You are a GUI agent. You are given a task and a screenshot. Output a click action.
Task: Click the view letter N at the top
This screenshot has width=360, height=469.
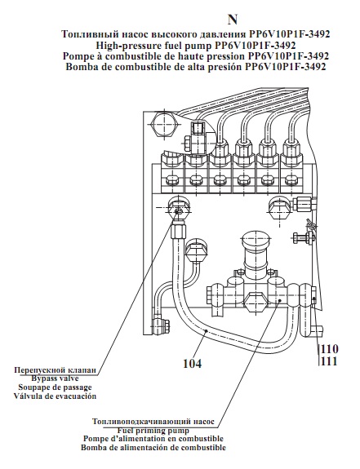(233, 20)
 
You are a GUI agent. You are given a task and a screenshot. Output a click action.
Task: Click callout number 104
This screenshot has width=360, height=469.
(193, 364)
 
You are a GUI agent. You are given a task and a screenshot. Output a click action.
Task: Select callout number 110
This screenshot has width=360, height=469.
(330, 349)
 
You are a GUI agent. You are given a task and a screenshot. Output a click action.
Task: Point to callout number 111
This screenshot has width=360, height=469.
(329, 361)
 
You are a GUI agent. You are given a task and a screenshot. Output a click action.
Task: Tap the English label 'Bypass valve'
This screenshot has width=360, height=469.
(55, 378)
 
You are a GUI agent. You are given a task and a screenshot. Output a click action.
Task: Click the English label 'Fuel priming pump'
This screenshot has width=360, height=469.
(153, 431)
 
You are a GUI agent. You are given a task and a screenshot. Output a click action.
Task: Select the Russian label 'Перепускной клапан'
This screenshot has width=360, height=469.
(56, 370)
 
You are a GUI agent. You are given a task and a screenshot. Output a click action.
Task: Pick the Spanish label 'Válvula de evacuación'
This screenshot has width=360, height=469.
(55, 396)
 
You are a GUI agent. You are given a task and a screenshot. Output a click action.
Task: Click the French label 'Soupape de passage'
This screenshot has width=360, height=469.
(55, 387)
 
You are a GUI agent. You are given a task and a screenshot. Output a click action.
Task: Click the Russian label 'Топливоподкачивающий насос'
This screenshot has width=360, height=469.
(153, 422)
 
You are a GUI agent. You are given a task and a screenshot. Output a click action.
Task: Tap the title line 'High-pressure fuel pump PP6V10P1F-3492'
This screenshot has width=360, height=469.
(196, 45)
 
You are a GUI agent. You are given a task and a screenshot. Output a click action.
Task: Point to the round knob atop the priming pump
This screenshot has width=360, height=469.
(254, 242)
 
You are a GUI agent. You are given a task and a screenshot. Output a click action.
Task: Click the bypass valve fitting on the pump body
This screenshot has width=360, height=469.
(179, 207)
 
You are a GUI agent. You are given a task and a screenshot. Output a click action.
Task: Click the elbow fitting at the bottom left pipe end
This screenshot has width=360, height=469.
(160, 324)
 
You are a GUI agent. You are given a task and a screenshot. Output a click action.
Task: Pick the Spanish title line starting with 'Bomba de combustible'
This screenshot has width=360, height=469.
(196, 66)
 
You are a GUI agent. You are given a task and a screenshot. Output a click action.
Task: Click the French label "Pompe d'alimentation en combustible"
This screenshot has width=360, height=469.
(153, 439)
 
